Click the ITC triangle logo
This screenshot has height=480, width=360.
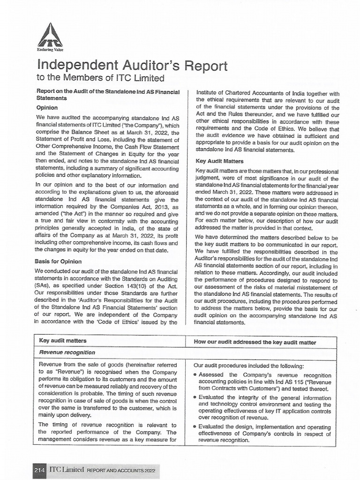(x=50, y=34)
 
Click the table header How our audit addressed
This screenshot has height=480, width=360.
(x=255, y=343)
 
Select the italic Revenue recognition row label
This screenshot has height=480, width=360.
(x=67, y=352)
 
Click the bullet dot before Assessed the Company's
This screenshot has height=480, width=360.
(x=195, y=376)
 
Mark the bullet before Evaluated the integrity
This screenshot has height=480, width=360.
(x=195, y=397)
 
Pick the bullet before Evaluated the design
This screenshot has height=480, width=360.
(x=195, y=427)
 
